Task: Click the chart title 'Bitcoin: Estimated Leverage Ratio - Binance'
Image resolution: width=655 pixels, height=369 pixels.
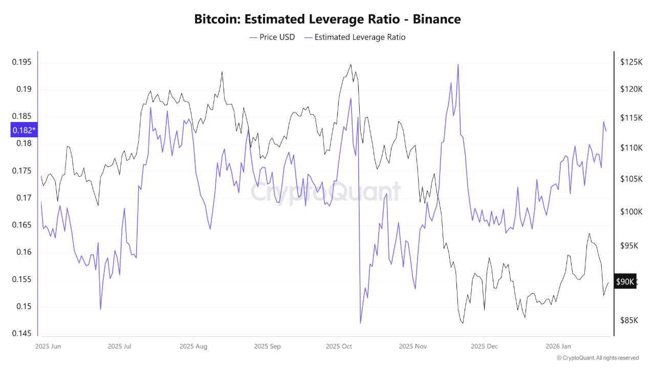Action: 327,19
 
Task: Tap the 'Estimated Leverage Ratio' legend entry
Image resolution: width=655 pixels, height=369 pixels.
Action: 355,37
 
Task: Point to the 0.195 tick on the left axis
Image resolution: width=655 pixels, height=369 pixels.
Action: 21,63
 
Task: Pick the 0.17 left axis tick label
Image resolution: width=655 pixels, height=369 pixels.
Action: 24,198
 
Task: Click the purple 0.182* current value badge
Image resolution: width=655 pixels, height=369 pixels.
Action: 24,130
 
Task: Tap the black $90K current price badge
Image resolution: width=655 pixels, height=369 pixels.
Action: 625,282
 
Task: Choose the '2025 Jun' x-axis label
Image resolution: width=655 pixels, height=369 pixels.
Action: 48,346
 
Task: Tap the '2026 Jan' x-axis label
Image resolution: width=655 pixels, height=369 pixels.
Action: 559,346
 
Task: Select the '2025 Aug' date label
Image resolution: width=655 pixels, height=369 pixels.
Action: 193,346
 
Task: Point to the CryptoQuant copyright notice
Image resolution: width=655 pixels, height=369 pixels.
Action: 597,358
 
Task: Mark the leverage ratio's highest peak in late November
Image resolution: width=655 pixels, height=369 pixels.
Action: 458,65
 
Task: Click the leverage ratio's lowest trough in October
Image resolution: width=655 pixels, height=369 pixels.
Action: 360,323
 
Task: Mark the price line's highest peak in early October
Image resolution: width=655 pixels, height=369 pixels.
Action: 351,65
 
